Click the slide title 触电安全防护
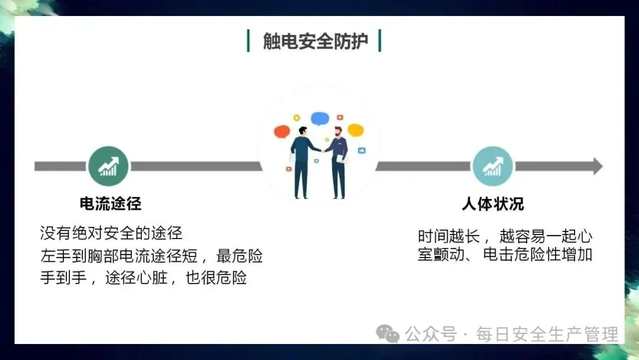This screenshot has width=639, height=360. (315, 41)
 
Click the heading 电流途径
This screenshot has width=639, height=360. (111, 204)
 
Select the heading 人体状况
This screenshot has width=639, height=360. (492, 204)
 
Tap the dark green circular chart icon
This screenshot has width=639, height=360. (108, 166)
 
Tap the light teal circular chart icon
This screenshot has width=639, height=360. (492, 166)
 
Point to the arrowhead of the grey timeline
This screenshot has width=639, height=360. (596, 166)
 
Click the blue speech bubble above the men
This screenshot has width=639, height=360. (319, 118)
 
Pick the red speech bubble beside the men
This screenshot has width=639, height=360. (282, 131)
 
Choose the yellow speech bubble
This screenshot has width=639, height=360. (355, 130)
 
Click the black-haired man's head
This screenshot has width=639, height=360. (302, 131)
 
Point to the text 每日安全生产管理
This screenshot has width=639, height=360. (547, 334)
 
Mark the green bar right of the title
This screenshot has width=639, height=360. (379, 41)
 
